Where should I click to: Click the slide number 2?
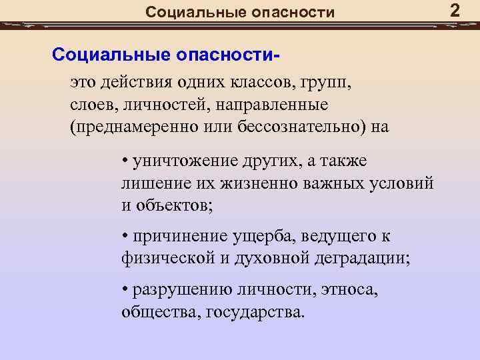coord(455,11)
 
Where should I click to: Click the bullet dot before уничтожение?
coord(125,161)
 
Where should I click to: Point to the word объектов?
coord(173,204)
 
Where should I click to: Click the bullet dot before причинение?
coord(125,237)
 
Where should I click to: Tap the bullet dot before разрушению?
coord(125,290)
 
